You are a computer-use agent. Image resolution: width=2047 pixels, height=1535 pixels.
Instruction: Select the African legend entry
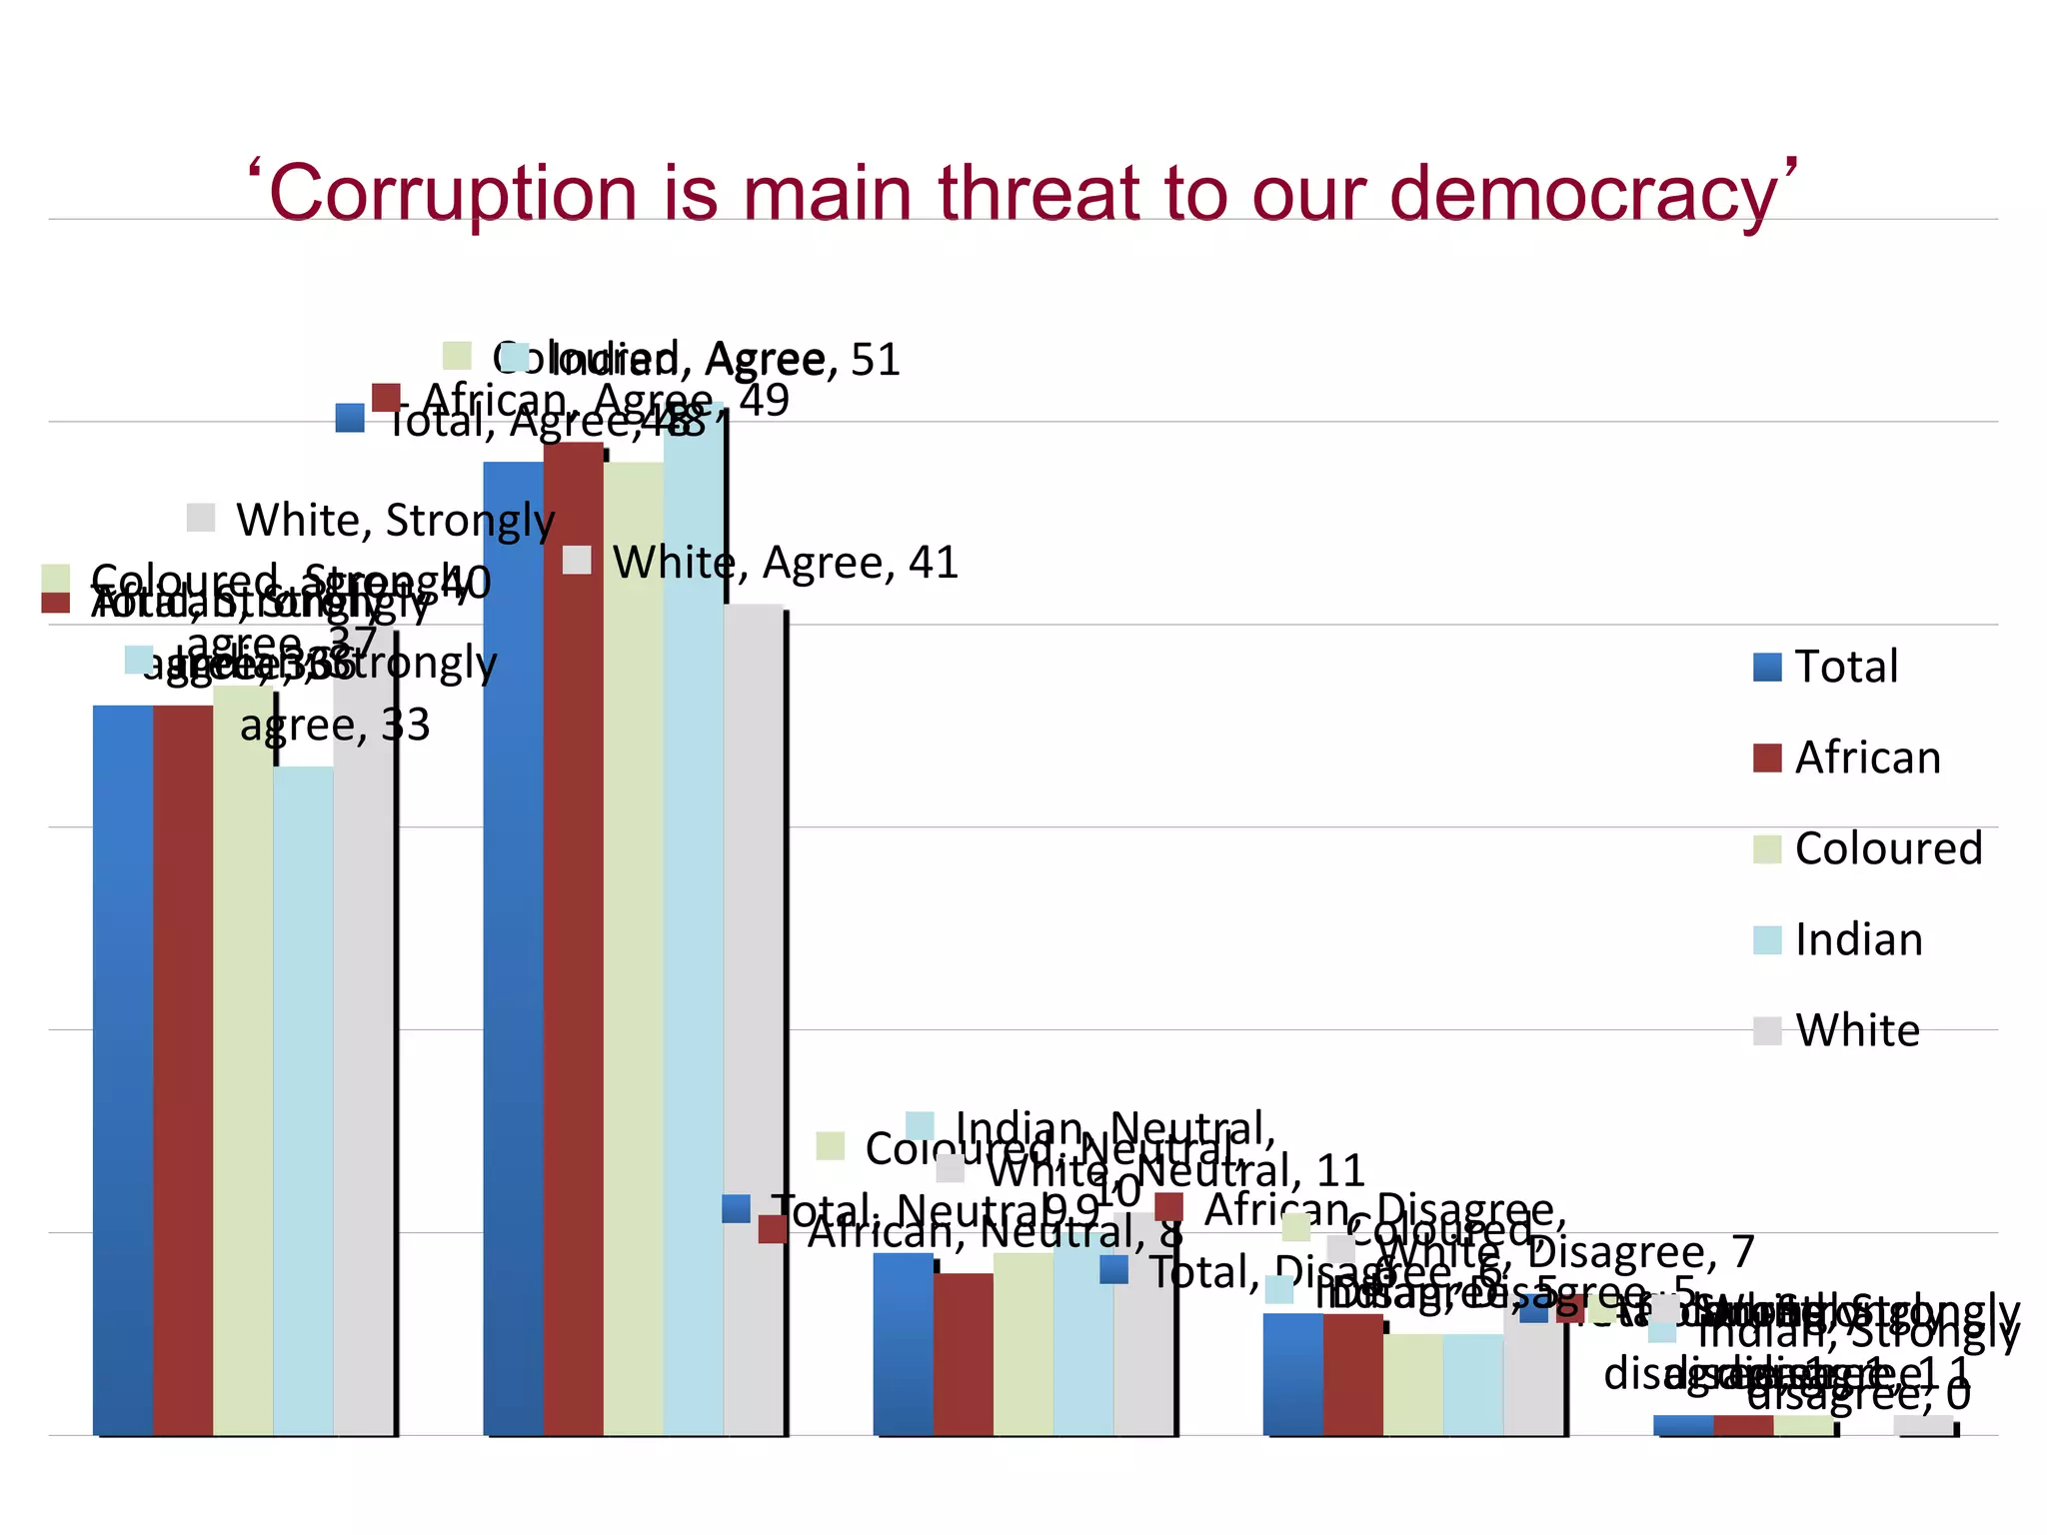1846,758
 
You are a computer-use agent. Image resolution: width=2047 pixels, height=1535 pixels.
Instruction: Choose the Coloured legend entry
1867,848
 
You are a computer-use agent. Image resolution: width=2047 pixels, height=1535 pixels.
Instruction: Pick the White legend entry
1836,1030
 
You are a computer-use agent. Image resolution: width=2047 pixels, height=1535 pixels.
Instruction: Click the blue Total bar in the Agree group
513,949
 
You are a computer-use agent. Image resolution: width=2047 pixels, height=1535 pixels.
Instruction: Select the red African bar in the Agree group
573,939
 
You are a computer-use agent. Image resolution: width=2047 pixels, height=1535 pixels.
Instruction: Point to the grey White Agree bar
753,1019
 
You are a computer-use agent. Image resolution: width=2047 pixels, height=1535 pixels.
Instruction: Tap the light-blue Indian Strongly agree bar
303,1099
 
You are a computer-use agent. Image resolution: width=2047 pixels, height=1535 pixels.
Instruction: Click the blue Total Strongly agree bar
123,1069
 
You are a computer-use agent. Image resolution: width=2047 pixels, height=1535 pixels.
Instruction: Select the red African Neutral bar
963,1354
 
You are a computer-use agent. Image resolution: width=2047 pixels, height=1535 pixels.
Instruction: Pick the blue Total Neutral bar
903,1344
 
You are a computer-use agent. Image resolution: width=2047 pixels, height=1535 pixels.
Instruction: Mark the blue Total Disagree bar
1292,1374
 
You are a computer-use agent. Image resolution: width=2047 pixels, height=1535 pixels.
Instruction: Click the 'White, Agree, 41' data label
784,563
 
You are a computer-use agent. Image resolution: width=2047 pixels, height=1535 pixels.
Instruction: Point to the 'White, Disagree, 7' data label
1564,1251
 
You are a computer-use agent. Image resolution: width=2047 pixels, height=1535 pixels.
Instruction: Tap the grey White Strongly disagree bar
1922,1426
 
